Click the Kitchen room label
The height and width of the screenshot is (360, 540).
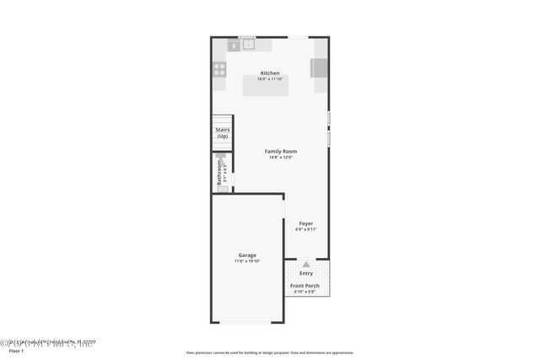coord(270,73)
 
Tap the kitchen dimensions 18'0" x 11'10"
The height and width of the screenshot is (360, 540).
coord(270,79)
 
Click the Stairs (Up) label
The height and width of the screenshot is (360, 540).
coord(223,132)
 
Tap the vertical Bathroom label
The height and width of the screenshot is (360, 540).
coord(219,172)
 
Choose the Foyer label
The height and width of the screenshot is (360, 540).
coord(305,223)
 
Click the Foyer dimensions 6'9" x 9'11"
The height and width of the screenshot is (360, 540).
coord(305,229)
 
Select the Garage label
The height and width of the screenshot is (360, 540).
coord(247,255)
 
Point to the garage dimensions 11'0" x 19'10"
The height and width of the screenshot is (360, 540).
coord(247,261)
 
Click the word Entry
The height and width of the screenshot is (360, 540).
coord(305,273)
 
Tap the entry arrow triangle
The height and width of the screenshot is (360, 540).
coord(305,265)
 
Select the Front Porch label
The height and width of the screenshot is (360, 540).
coord(305,286)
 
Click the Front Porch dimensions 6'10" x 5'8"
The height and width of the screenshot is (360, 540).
coord(305,292)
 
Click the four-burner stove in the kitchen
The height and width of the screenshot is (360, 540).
coord(219,69)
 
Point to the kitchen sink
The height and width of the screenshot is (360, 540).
coord(248,45)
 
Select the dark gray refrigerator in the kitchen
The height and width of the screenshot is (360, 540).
coord(320,67)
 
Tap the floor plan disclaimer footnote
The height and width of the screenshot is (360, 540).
coord(269,353)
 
